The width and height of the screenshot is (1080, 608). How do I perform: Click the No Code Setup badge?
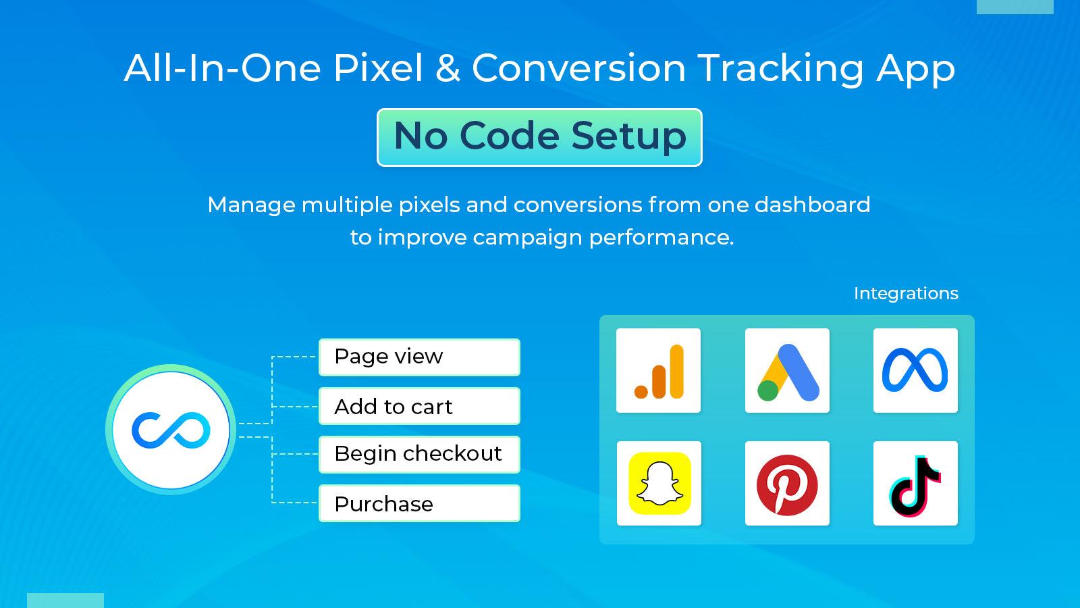[539, 137]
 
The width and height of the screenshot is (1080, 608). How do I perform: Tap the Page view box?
[419, 357]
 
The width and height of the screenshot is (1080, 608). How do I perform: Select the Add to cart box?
[419, 406]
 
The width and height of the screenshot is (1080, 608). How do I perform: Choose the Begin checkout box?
[419, 454]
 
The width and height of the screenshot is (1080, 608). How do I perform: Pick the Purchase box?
[419, 503]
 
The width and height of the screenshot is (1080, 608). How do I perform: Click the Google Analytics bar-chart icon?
[659, 371]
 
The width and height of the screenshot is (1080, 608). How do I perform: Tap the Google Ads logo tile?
[787, 371]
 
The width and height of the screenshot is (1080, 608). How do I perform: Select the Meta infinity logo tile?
[915, 371]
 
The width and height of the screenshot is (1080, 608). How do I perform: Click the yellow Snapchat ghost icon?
[659, 484]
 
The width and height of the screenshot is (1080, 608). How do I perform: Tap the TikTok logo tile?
[915, 484]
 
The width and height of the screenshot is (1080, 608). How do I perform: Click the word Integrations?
[906, 293]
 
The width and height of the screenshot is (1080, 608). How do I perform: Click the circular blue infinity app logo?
[171, 430]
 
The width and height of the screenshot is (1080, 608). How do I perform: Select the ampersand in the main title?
[448, 68]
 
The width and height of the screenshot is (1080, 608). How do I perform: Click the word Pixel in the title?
[378, 68]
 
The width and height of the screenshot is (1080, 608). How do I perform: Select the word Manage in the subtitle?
[250, 205]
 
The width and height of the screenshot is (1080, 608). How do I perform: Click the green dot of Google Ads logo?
[767, 390]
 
